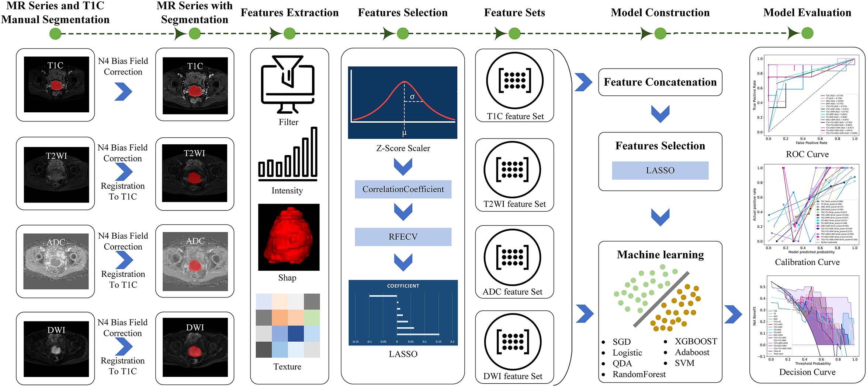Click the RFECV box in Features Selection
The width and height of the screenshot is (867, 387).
[x=403, y=237]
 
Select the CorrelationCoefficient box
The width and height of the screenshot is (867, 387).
[x=403, y=189]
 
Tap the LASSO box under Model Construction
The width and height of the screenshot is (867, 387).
[x=660, y=170]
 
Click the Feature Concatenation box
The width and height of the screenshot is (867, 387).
[x=660, y=82]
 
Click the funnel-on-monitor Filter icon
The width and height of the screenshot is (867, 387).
[x=288, y=84]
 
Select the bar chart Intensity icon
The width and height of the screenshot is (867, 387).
[x=288, y=154]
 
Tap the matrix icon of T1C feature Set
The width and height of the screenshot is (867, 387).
[x=514, y=81]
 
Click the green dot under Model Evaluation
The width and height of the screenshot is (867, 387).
[x=807, y=34]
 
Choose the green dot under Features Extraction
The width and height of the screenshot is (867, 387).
[x=289, y=34]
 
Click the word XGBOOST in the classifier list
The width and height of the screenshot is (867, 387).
[x=696, y=341]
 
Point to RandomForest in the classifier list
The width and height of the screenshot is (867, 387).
[x=639, y=374]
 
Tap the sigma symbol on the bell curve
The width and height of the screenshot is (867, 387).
[x=412, y=97]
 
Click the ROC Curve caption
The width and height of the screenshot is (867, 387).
[x=807, y=154]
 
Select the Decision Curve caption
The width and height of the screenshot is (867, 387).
[x=807, y=372]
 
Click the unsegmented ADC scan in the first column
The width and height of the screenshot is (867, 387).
[x=56, y=261]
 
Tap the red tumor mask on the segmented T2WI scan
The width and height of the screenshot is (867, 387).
[x=194, y=178]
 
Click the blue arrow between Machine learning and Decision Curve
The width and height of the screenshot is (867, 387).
[x=733, y=314]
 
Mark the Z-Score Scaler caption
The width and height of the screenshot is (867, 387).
[x=403, y=148]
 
